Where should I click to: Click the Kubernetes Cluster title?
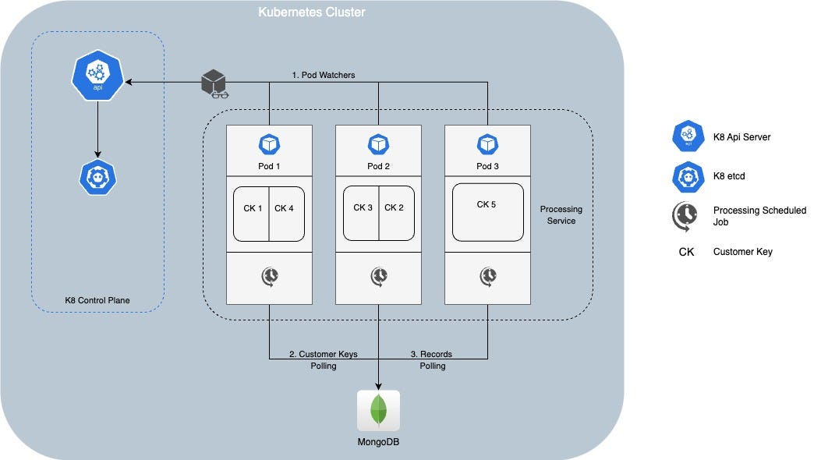311,12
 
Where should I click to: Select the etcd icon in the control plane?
97,175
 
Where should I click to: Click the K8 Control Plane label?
97,299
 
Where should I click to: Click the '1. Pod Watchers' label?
323,75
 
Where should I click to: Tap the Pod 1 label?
269,166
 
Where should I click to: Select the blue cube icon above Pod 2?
379,145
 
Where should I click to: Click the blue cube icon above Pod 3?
488,145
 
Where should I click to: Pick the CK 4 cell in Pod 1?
286,208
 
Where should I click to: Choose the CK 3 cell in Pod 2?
362,208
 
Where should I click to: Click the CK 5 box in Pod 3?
488,211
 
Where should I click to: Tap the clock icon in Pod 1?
270,275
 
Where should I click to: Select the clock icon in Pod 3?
488,275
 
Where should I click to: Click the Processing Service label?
561,215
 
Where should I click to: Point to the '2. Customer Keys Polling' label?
323,359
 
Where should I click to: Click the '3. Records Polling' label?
432,359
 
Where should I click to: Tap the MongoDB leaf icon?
379,409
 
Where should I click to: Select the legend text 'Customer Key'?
742,252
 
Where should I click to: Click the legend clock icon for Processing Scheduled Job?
686,216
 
